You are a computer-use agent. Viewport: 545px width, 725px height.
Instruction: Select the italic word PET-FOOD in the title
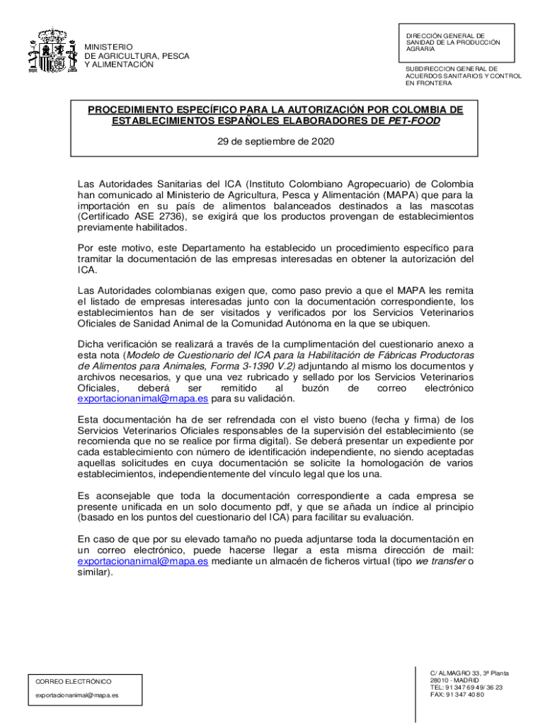[x=413, y=121]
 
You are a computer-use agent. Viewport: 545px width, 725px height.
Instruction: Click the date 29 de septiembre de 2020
[x=275, y=141]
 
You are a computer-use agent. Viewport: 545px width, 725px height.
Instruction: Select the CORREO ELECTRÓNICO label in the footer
[x=73, y=681]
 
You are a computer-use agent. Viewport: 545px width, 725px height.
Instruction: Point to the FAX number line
[x=457, y=695]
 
